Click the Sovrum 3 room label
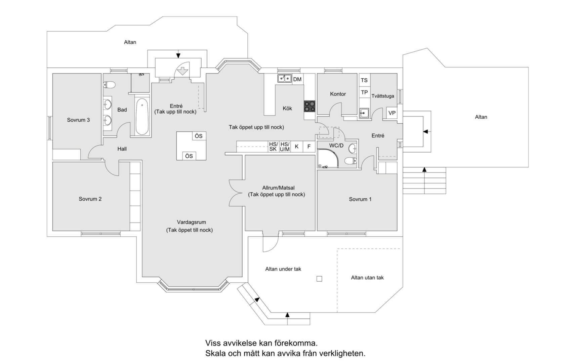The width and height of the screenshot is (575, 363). tap(78, 120)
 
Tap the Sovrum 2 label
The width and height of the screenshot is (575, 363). tap(90, 199)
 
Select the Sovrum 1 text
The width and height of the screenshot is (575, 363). tap(360, 199)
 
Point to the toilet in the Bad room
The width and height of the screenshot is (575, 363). tap(109, 84)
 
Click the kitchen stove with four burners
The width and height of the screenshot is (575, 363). tap(310, 106)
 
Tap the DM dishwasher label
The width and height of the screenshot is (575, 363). tap(297, 79)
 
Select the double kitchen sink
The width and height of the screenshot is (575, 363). tap(284, 79)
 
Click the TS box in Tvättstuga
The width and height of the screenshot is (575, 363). tap(364, 80)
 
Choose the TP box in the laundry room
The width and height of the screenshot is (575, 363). tap(364, 92)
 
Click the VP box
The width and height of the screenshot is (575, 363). tap(392, 113)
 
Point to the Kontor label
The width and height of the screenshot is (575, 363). tap(338, 94)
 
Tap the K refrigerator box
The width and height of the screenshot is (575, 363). tap(297, 147)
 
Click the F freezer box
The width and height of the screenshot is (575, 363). tap(309, 147)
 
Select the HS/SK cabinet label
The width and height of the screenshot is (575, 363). tap(273, 147)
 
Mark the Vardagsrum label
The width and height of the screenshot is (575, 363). tap(191, 222)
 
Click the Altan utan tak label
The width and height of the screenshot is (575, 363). tap(367, 278)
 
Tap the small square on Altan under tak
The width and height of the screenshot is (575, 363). tap(319, 279)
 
